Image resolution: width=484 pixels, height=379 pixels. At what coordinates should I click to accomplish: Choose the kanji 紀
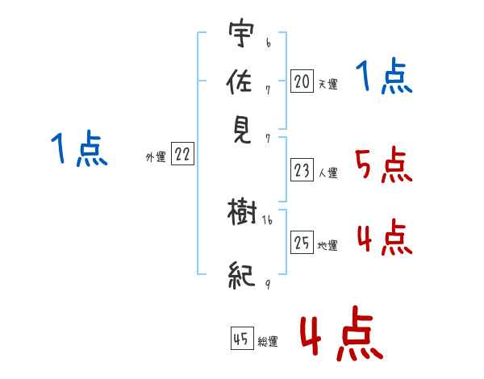point(243,275)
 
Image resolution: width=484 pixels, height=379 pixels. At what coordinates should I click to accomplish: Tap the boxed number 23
point(302,170)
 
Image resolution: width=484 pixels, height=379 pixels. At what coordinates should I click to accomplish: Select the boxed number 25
point(302,243)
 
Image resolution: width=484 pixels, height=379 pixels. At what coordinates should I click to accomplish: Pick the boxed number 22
point(182,155)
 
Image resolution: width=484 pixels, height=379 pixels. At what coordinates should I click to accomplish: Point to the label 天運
point(328,84)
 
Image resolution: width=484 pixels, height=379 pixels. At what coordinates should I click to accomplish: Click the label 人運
point(328,173)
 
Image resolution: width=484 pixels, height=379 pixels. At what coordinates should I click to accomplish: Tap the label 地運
point(328,245)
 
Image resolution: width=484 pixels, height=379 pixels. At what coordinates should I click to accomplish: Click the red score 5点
point(383,166)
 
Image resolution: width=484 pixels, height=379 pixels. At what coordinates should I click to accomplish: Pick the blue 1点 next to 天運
point(384,78)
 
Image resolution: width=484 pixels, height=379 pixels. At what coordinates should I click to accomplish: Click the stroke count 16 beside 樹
point(268,220)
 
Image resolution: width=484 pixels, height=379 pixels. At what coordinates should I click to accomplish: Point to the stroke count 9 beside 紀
point(267,283)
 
